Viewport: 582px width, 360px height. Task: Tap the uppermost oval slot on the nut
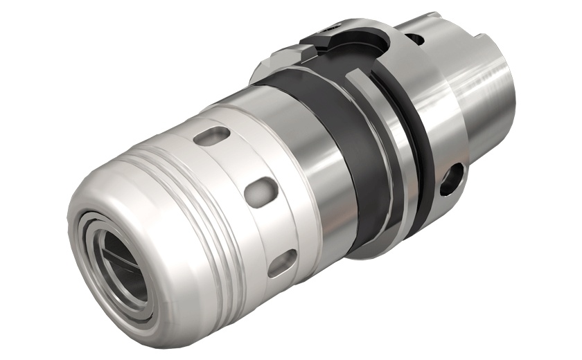click(212, 136)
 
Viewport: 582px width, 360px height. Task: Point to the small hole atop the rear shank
click(414, 39)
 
